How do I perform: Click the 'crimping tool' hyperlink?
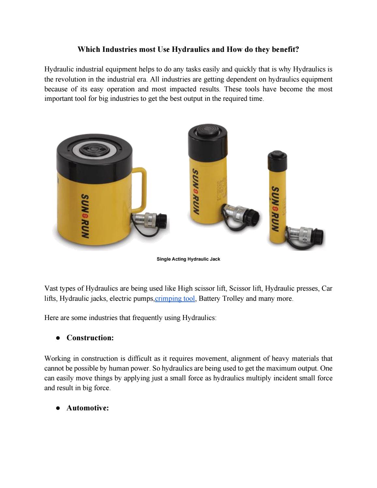point(175,298)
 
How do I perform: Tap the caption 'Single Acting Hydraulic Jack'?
point(188,259)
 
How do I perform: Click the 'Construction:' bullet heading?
point(90,338)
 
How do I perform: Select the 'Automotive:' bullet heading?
point(87,408)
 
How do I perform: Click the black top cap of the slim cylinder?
point(277,160)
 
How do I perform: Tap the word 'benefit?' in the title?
point(285,50)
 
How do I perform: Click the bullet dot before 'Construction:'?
point(58,338)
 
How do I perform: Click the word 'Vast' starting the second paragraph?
point(51,288)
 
